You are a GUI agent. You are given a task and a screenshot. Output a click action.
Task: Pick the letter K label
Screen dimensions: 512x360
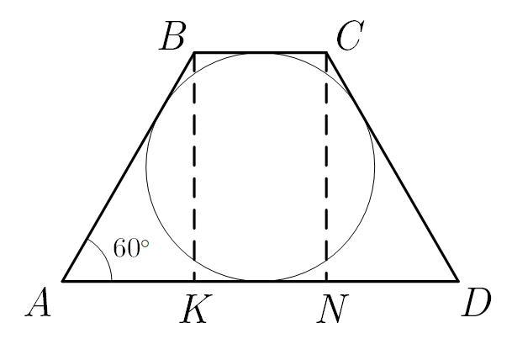(x=193, y=310)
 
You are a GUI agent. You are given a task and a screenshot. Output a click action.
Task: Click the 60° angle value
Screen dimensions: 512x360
(x=130, y=248)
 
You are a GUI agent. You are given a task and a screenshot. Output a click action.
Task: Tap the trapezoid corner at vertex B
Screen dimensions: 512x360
(x=194, y=52)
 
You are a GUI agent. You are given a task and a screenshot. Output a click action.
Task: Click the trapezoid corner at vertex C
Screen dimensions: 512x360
(x=326, y=52)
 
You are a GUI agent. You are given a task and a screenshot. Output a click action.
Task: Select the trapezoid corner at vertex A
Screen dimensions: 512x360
(x=63, y=280)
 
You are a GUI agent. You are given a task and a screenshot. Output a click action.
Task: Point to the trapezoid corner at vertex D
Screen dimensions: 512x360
(x=458, y=280)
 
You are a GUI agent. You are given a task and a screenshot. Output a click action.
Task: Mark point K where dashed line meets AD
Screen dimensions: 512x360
(x=194, y=280)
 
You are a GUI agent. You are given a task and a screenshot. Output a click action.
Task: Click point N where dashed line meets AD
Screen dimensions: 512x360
(x=326, y=280)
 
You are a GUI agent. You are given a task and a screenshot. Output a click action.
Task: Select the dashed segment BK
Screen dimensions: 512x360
(x=194, y=168)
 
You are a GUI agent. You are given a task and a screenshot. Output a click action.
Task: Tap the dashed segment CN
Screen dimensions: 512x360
(x=326, y=168)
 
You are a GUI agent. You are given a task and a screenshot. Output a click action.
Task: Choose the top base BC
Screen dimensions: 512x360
(x=261, y=52)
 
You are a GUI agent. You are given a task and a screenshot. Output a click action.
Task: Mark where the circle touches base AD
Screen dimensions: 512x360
(x=261, y=280)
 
